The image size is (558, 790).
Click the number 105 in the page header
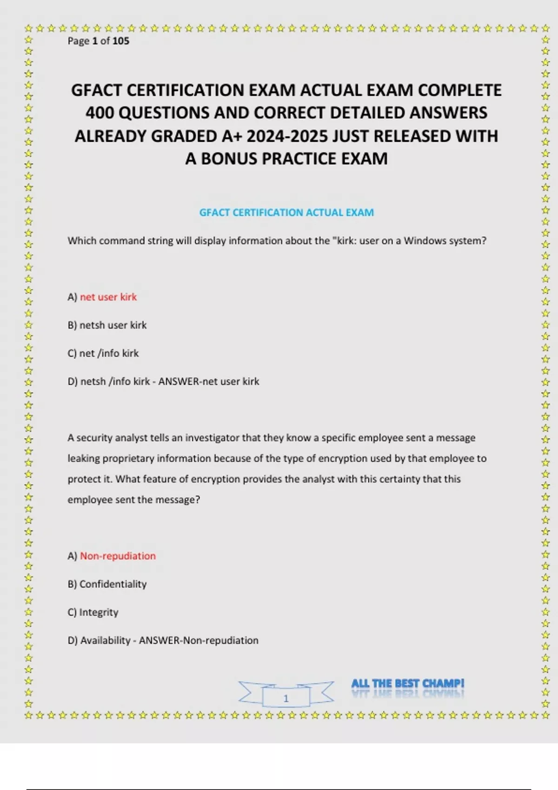click(121, 41)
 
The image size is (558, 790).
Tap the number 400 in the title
click(100, 113)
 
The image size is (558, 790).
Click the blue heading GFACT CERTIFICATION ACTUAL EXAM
click(286, 213)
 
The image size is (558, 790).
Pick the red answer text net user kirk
click(108, 297)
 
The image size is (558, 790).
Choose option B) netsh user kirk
click(107, 325)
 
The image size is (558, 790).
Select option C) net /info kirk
click(103, 353)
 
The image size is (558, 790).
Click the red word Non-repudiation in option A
click(118, 556)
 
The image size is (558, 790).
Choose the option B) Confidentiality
click(107, 584)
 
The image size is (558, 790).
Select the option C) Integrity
click(93, 612)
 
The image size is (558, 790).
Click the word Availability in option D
click(105, 640)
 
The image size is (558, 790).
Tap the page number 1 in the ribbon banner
click(286, 698)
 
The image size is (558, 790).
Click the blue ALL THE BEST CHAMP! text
click(407, 684)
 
